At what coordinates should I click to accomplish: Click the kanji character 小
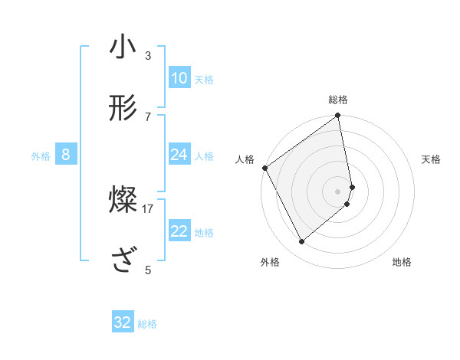(x=123, y=47)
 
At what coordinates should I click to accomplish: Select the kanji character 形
(x=123, y=108)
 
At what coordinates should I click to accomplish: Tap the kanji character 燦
(x=123, y=201)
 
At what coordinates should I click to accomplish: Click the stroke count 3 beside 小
(x=148, y=55)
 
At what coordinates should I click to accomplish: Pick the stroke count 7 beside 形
(x=148, y=116)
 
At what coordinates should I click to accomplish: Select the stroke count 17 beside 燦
(x=148, y=208)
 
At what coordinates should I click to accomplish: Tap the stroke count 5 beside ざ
(x=148, y=270)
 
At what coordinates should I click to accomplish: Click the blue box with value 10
(x=179, y=78)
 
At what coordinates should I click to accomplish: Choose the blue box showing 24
(x=179, y=155)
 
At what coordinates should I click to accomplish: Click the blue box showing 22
(x=179, y=231)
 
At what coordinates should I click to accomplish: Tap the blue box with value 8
(x=66, y=155)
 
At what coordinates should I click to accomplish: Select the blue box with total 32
(x=123, y=322)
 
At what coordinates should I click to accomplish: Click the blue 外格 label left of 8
(x=41, y=156)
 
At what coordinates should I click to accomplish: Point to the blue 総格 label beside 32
(x=147, y=324)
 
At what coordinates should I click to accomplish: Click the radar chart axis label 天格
(x=432, y=159)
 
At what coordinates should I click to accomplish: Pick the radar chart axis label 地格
(x=402, y=262)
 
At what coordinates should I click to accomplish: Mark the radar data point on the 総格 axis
(x=338, y=116)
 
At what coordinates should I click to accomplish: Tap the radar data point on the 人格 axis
(x=264, y=168)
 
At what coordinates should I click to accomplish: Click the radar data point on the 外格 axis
(x=301, y=241)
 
